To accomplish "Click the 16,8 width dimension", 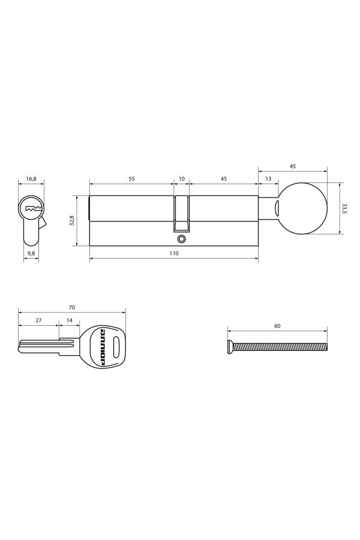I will coord(31,179).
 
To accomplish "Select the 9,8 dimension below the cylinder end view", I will coord(31,253).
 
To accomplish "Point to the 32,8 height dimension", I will coord(71,220).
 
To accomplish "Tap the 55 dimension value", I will coord(131,179).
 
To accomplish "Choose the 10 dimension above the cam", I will coord(182,179).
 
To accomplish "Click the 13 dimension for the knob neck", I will coord(268,179).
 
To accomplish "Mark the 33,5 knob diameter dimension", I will coord(344,208).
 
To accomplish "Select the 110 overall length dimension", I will coord(173,254).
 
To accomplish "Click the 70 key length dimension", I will coord(72,307).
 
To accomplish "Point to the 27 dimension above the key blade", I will coord(38,321).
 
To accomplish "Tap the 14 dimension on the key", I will coord(70,321).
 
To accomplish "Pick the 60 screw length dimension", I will coord(277,326).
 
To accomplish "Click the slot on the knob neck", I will coord(277,208).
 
